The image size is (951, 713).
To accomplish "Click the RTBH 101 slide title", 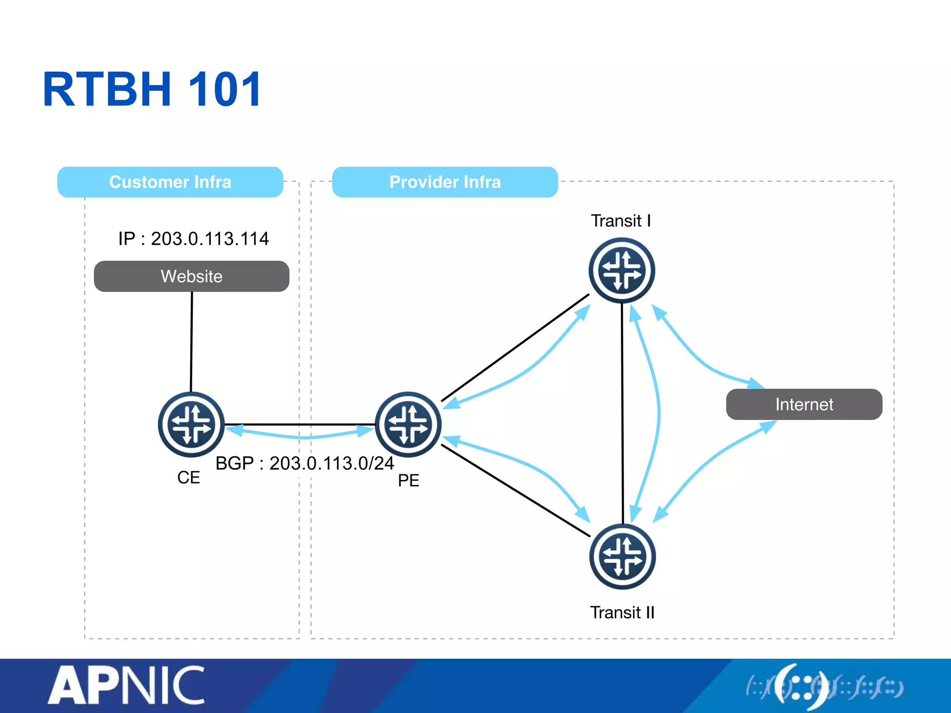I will point(152,89).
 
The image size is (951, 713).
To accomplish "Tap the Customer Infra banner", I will point(170,182).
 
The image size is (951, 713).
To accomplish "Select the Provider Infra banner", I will point(445,182).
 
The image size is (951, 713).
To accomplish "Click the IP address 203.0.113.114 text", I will point(193,239).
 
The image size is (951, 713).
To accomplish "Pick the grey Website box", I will point(191,276).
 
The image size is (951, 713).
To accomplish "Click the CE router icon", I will point(191,424).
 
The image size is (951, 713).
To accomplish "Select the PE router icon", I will point(408,424).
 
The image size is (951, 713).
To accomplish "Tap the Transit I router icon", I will point(622,270).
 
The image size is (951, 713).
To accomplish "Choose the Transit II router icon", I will point(622,557).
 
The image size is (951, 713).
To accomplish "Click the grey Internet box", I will point(804,404).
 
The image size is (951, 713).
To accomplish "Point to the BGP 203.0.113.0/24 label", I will point(305,463).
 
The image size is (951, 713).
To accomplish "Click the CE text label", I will point(189,478).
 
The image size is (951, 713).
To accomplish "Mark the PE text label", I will point(409,480).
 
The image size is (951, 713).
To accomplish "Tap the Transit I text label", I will point(621,220).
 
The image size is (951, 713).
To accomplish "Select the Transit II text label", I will point(622,613).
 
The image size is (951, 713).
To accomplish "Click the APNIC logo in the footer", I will point(126,685).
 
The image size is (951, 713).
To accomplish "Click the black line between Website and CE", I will point(191,341).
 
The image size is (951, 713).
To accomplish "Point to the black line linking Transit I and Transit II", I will point(622,413).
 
